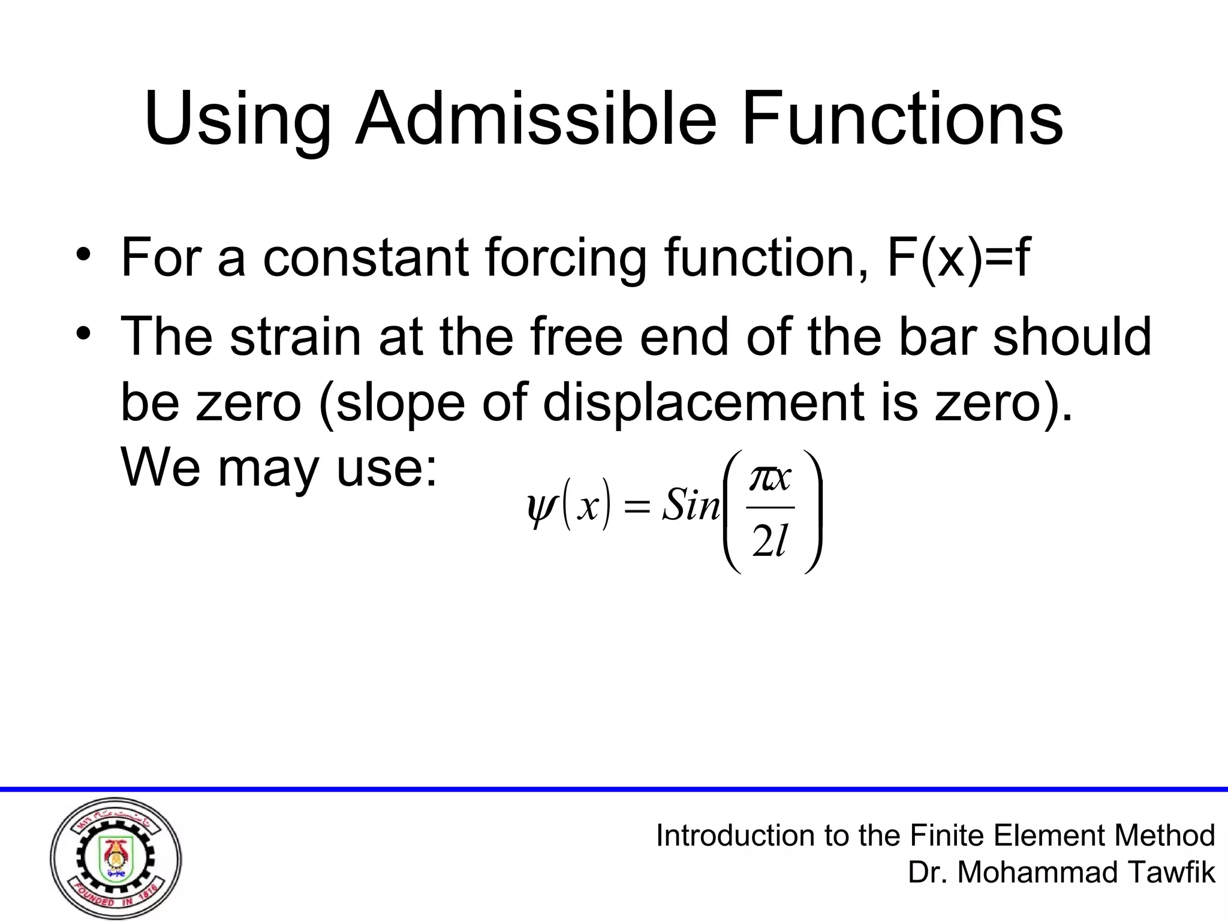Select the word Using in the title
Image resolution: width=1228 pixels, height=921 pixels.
point(237,120)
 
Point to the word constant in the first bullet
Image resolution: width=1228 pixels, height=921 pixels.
point(366,258)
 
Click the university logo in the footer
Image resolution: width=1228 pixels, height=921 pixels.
point(116,859)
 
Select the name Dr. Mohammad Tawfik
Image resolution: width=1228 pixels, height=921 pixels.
point(1061,872)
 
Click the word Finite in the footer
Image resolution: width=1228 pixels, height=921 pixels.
point(947,835)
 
